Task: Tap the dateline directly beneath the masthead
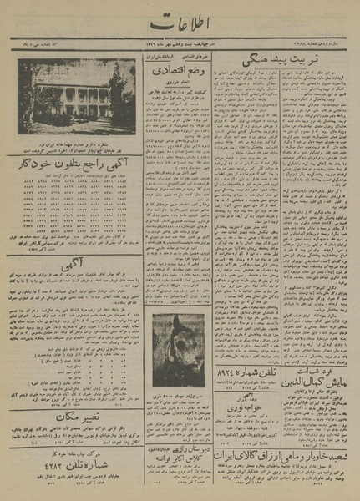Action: click(180, 50)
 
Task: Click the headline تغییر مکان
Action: click(75, 416)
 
